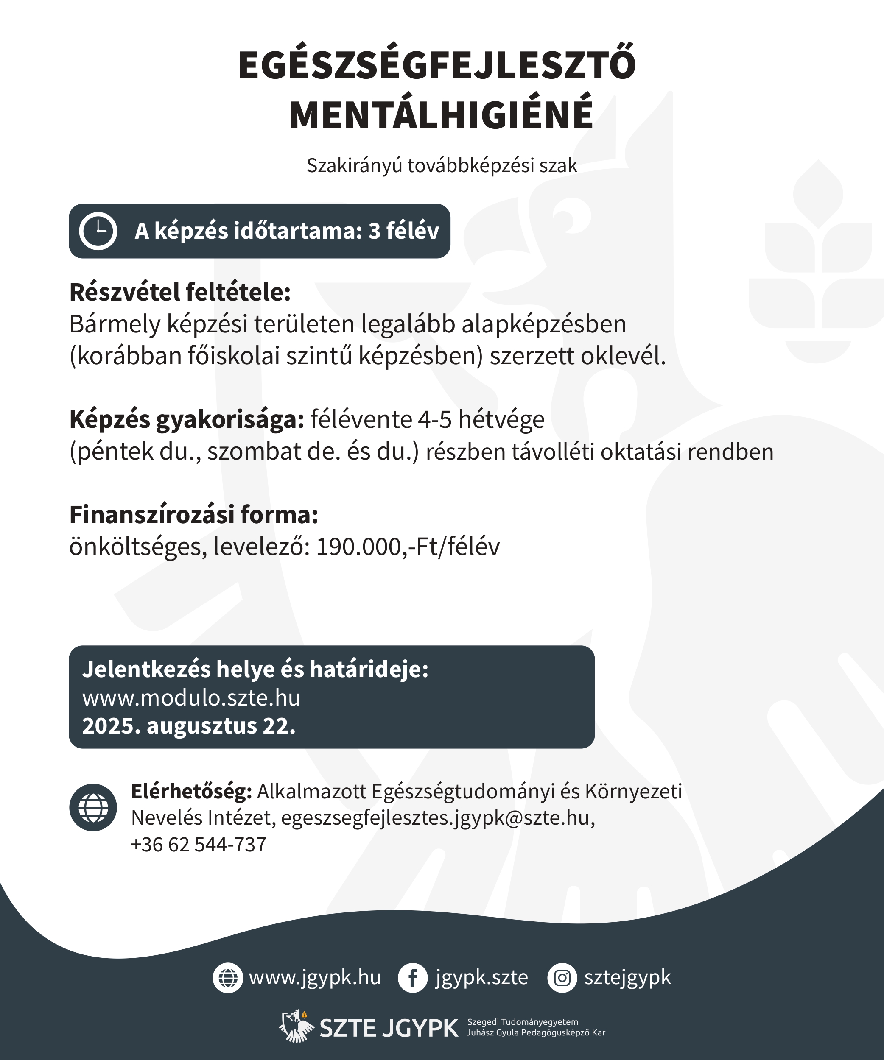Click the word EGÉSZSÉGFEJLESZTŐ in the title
pos(437,66)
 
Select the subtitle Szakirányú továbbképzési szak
pos(442,165)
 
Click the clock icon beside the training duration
pos(98,231)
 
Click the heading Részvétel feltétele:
pos(180,292)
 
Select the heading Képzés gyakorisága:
pos(187,419)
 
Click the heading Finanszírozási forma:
pos(194,515)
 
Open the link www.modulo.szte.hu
pos(191,698)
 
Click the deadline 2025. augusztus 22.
pos(189,726)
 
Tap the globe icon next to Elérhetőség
pos(93,808)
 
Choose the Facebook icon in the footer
pos(412,978)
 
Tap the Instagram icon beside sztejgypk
pos(562,978)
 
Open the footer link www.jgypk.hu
pos(314,978)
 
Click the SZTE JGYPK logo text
pos(389,1028)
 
